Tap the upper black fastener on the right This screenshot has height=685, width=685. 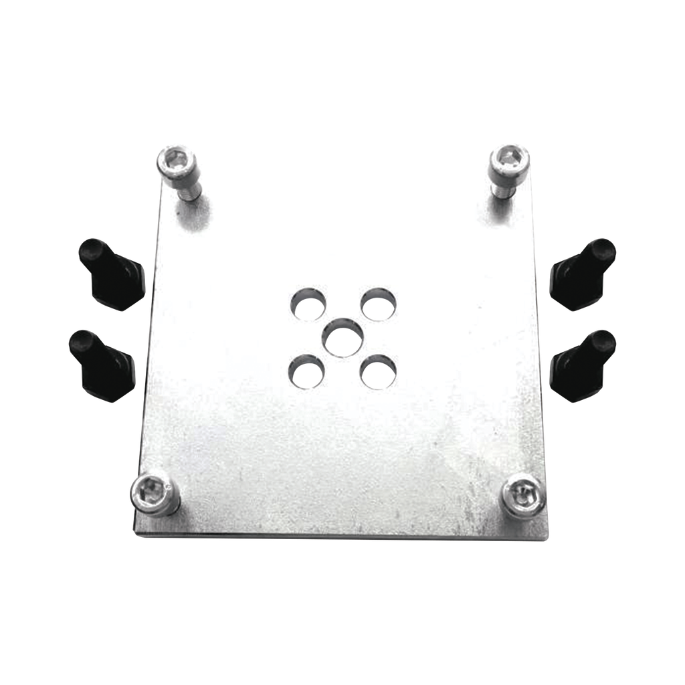coord(582,274)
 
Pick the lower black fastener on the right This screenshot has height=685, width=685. coord(582,366)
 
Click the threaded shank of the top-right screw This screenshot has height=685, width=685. coord(501,189)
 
